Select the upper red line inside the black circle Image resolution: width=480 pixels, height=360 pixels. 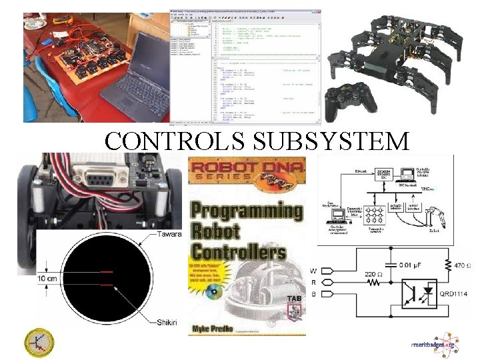pos(107,273)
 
